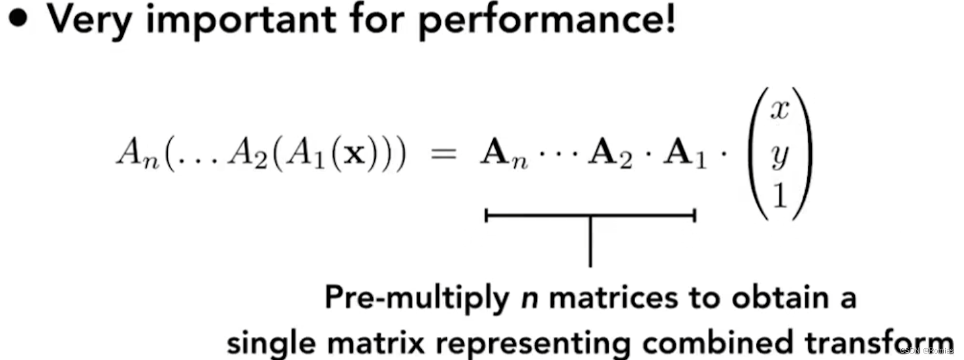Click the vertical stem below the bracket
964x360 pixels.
point(590,242)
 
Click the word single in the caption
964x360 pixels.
point(266,342)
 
